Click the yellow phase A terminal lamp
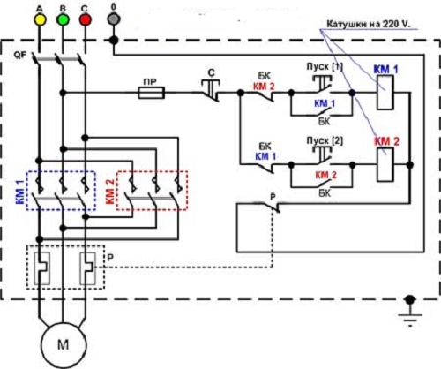[40, 19]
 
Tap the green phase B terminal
[63, 19]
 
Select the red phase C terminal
[85, 19]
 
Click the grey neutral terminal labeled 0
[114, 19]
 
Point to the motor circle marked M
[64, 345]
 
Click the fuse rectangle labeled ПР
[152, 93]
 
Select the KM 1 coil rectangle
[385, 93]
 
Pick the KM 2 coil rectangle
[385, 164]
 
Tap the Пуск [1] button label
[325, 66]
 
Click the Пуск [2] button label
[325, 140]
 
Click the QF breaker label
[20, 55]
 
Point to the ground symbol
[410, 313]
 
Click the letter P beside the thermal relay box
[110, 258]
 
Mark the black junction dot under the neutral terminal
[114, 40]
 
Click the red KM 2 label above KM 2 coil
[386, 141]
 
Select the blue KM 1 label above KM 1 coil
[385, 70]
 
